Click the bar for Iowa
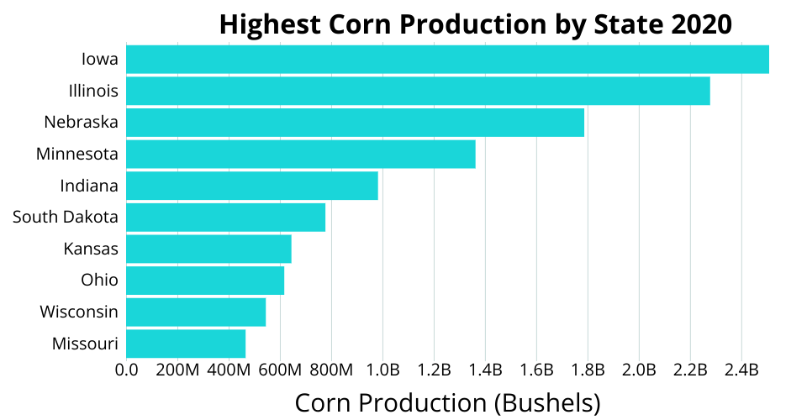click(x=447, y=60)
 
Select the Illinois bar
click(x=418, y=91)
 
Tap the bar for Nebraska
click(x=355, y=123)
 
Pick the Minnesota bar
click(x=300, y=155)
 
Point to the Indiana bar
click(x=251, y=186)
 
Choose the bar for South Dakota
click(x=225, y=218)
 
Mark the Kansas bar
click(x=208, y=249)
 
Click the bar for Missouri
click(x=186, y=344)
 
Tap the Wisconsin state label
click(x=79, y=312)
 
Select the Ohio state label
click(x=99, y=280)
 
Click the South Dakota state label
click(x=66, y=218)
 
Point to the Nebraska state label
click(x=82, y=123)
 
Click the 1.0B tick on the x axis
click(x=383, y=370)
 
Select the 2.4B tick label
click(x=742, y=370)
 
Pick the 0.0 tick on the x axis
click(x=126, y=370)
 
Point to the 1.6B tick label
click(x=537, y=370)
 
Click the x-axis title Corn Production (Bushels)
click(x=447, y=402)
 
